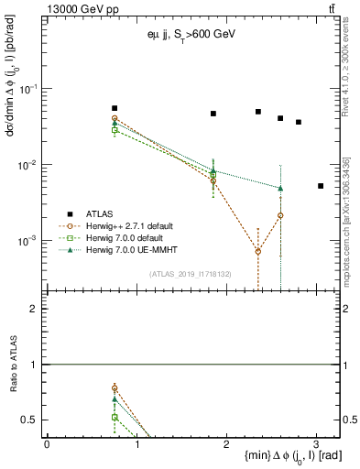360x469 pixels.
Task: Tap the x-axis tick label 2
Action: tap(226, 443)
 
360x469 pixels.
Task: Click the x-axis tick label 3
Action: tap(316, 443)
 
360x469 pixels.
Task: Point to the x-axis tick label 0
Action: tap(47, 443)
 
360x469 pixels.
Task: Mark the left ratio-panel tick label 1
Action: tap(35, 365)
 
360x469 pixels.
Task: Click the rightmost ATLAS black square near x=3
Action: tap(321, 186)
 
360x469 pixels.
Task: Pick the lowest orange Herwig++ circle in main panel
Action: tap(258, 251)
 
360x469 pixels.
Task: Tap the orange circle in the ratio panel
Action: tap(115, 387)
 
